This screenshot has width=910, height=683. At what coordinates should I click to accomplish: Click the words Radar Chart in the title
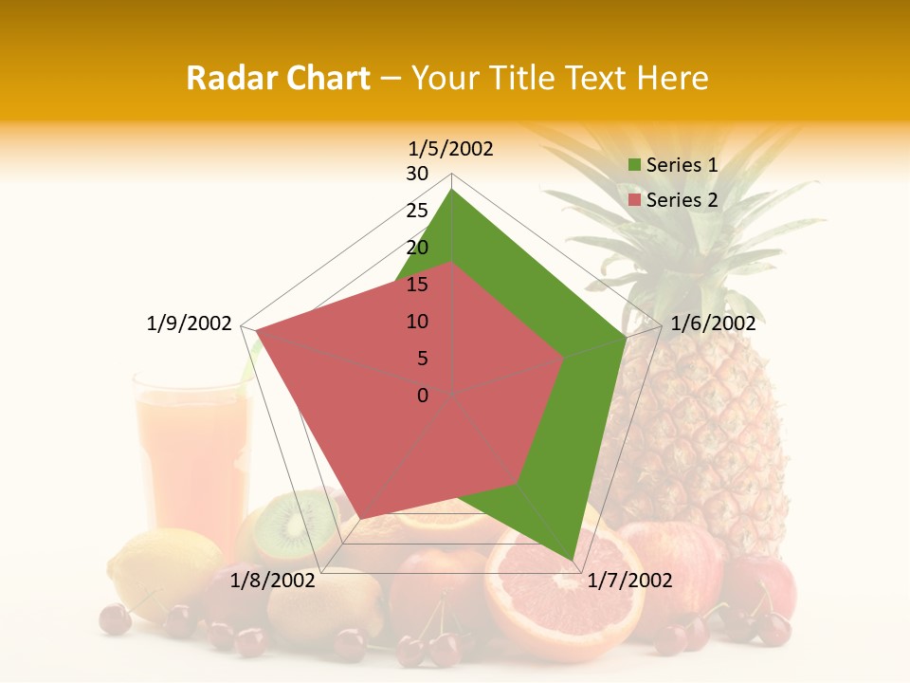coord(278,78)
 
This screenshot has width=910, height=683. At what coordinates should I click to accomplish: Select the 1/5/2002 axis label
coord(451,149)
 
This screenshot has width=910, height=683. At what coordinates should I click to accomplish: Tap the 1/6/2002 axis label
coord(713,323)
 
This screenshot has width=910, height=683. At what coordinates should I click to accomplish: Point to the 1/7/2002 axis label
coord(629,581)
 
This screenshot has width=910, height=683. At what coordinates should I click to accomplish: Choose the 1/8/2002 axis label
coord(273,581)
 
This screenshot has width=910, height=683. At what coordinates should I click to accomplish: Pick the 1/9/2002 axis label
coord(190,323)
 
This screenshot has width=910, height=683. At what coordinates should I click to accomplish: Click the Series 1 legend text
coord(682,165)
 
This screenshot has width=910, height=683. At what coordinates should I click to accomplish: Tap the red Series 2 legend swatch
coord(635,200)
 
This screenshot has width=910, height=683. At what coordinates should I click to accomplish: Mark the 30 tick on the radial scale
coord(417,174)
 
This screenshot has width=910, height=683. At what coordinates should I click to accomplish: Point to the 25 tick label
coord(417,211)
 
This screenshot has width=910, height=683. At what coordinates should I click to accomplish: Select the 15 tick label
coord(417,285)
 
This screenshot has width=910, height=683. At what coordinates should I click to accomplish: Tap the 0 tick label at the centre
coord(423,396)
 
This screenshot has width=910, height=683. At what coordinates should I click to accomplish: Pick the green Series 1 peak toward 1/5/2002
coord(452,190)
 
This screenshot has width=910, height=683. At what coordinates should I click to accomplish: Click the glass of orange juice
coord(190,455)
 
